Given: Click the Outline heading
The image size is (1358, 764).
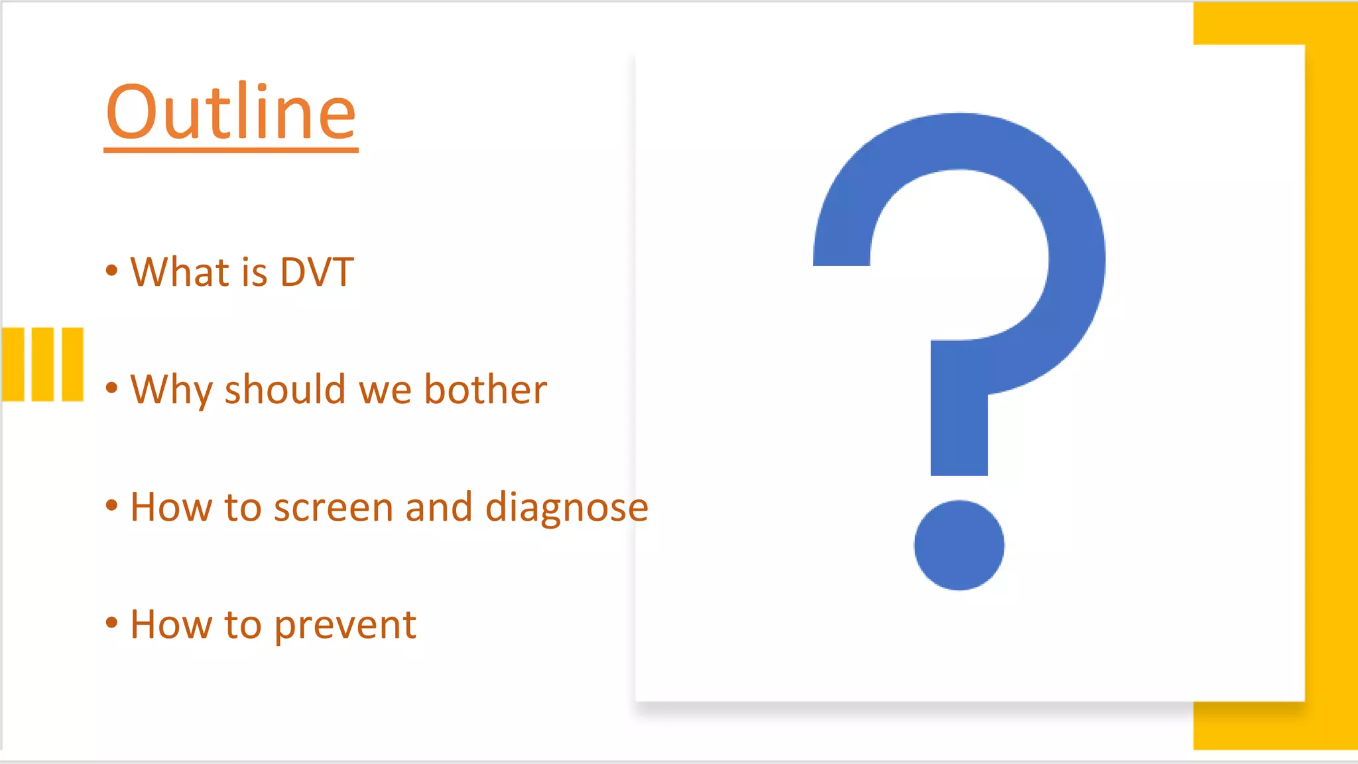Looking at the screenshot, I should (231, 113).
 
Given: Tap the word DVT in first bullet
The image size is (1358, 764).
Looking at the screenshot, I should (317, 272).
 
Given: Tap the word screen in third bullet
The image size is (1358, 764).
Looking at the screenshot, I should (334, 508).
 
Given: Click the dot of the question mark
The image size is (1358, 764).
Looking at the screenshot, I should (959, 545).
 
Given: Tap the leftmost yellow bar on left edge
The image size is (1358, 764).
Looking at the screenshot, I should (13, 364).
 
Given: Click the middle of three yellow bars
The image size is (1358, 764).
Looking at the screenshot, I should (42, 364).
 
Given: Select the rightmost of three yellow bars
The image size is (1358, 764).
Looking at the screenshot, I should (72, 364).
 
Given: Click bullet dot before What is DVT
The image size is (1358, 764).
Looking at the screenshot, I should (111, 270).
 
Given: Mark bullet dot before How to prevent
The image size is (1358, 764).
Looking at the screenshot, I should (111, 623).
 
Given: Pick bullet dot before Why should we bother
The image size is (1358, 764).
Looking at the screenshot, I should (111, 387).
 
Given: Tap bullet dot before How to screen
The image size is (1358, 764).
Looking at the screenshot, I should (111, 505).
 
